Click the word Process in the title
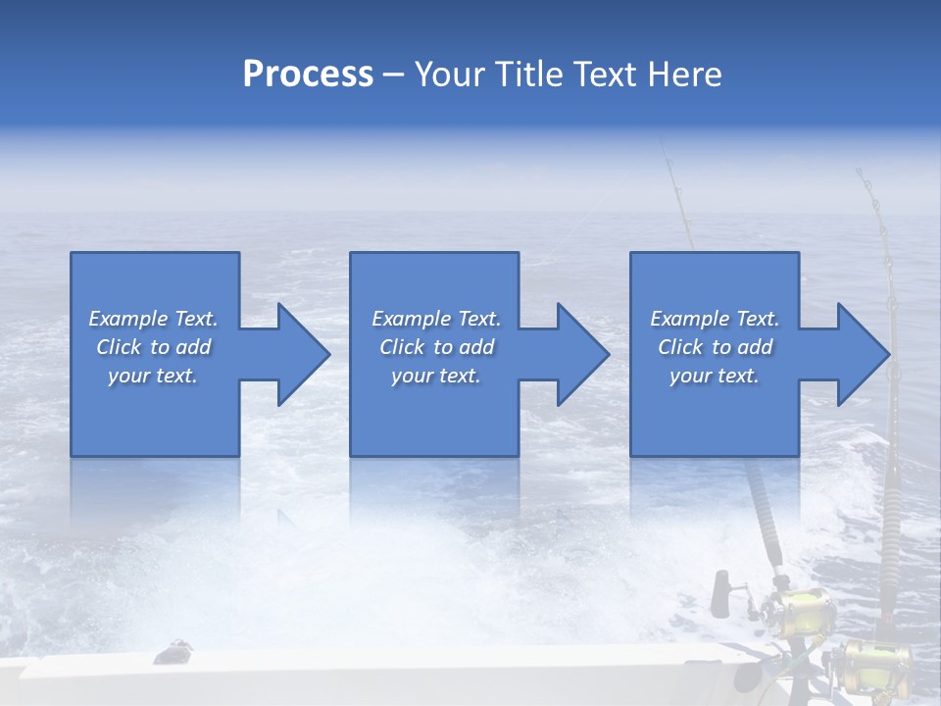[308, 74]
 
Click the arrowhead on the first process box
[304, 354]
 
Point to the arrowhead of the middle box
[583, 354]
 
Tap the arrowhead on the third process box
[864, 354]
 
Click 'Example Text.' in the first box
[153, 319]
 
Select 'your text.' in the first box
[153, 376]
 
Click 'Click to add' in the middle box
[436, 347]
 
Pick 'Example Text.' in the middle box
[436, 319]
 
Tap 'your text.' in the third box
[714, 376]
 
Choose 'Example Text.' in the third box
[714, 319]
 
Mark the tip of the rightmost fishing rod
[859, 173]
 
